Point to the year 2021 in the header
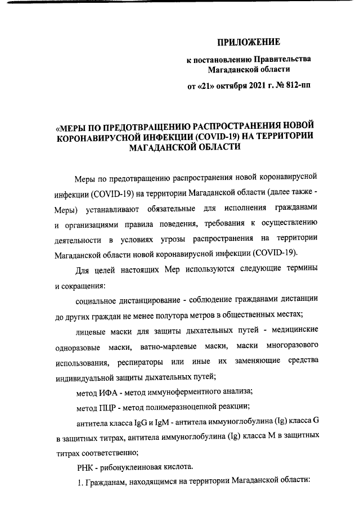coord(251,87)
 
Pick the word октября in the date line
coord(227,87)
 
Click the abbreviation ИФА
coord(111,390)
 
